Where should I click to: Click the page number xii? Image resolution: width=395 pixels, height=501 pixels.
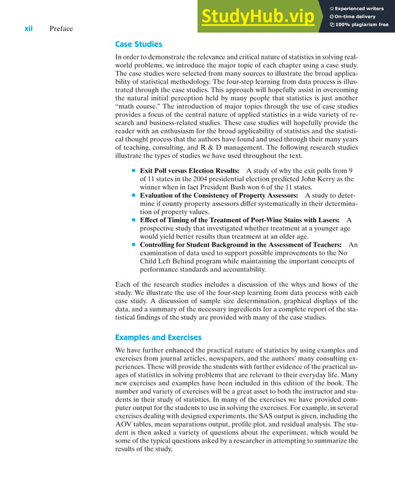point(28,28)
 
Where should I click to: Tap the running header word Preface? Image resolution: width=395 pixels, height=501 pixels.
point(61,28)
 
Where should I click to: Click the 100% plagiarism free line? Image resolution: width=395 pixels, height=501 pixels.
point(362,25)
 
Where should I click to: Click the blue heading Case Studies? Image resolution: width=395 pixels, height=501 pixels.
point(139,45)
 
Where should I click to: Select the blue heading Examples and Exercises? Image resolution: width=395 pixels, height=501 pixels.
point(158,337)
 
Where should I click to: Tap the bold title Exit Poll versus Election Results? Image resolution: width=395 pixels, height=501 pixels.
point(189,170)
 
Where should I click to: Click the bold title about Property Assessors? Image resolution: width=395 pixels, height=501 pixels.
point(219,195)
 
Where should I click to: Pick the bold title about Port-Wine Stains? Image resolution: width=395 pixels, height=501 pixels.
point(240,220)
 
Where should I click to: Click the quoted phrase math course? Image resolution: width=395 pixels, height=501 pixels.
point(139,107)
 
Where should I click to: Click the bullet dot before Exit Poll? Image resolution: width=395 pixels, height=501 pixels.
point(133,171)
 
